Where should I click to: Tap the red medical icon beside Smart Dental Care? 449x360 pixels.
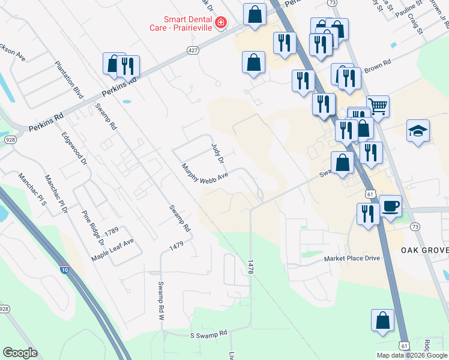click(x=221, y=23)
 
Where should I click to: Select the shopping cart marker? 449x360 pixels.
click(x=378, y=107)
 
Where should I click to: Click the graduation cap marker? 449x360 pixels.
click(x=418, y=130)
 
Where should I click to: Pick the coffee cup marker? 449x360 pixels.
click(x=390, y=206)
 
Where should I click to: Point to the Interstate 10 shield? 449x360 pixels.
click(x=64, y=270)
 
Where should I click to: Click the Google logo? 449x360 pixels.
click(x=20, y=353)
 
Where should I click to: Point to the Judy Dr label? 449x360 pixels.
click(x=217, y=153)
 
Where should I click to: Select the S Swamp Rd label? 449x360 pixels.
click(x=209, y=333)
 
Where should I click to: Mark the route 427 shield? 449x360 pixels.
click(x=192, y=50)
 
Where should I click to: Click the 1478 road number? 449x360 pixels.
click(x=251, y=268)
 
